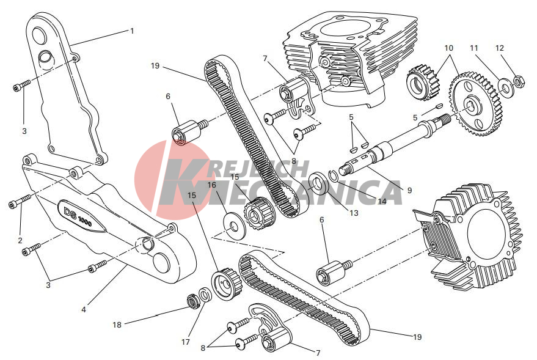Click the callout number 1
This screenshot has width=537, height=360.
click(132, 31)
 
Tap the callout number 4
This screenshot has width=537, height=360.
click(84, 309)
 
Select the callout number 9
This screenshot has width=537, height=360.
click(409, 191)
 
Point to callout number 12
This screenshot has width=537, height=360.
click(500, 48)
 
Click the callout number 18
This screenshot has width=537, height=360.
click(117, 325)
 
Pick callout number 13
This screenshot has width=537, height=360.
click(354, 213)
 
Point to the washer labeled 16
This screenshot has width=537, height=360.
click(235, 226)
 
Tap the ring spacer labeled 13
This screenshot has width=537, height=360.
click(318, 185)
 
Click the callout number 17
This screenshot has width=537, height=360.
click(185, 342)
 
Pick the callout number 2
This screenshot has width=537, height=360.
click(20, 240)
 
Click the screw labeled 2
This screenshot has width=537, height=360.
click(19, 202)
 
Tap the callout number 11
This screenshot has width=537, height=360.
click(474, 48)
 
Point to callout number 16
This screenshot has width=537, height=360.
click(212, 185)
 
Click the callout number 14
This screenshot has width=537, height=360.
click(381, 202)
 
